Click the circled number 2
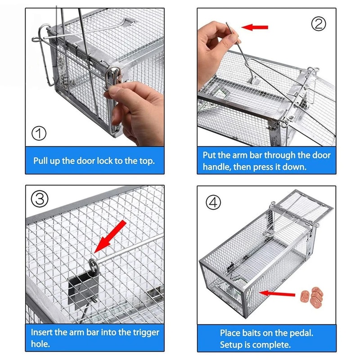point(319,23)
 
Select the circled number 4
point(214,202)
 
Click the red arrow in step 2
point(255,27)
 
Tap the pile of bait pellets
point(310,296)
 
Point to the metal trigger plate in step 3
point(81,288)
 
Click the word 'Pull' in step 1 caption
point(41,161)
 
